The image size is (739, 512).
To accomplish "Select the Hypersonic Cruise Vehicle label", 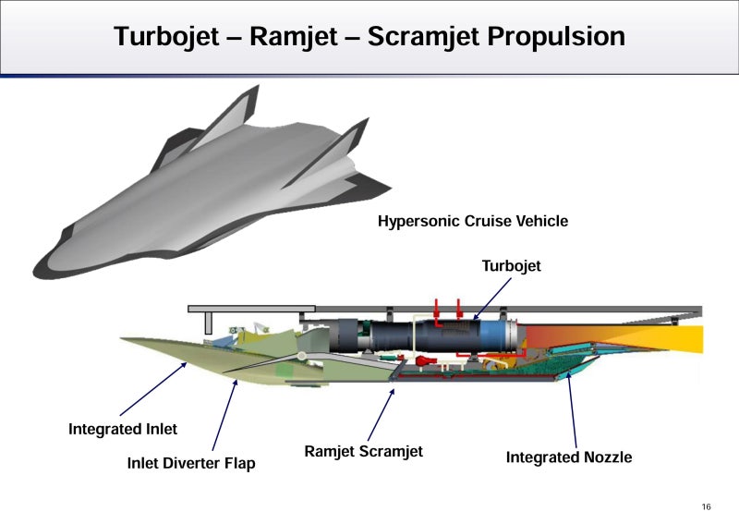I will pos(473,221).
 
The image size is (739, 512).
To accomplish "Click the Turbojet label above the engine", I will pos(511,266).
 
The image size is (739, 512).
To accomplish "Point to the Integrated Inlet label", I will pos(123,429).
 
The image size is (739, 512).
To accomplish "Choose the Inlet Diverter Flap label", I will pos(190,463).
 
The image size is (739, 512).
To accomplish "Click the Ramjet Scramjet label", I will pos(363,452).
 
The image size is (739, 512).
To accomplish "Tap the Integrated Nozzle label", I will pos(569,457).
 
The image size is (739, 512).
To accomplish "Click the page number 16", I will pos(707,506).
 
